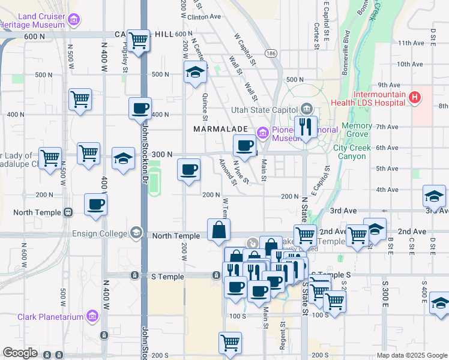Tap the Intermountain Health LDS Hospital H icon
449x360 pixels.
pos(414,98)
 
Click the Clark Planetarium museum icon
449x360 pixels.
pos(92,316)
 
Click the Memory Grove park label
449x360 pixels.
pos(357,130)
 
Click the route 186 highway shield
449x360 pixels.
pos(271,54)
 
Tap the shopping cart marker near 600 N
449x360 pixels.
pos(139,41)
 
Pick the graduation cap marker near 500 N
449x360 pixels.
pos(195,73)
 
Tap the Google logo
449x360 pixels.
pos(20,353)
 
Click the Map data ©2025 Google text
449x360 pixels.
pos(412,355)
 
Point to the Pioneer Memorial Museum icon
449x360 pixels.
pos(262,132)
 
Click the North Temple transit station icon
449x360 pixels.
pos(68,212)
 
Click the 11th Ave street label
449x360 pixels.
pos(411,43)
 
